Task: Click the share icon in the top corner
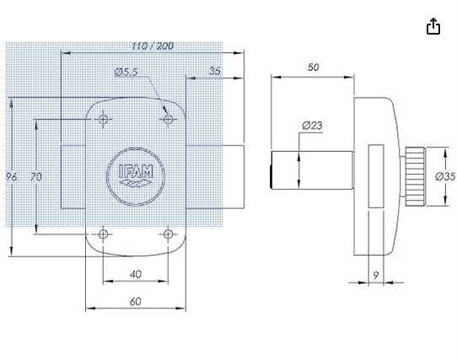click(x=433, y=27)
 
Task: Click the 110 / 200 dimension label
click(x=153, y=46)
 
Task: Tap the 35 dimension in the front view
click(x=215, y=72)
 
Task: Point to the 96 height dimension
click(x=12, y=176)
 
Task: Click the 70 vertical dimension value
click(x=35, y=176)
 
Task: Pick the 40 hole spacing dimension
click(x=136, y=274)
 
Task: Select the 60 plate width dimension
click(x=136, y=300)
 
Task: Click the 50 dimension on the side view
click(x=313, y=67)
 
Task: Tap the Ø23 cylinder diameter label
click(x=312, y=126)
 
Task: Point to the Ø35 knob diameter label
click(x=444, y=176)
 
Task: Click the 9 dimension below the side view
click(x=375, y=274)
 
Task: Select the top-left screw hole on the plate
click(x=103, y=120)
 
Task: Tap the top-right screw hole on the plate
click(x=168, y=120)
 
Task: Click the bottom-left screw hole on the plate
click(x=103, y=234)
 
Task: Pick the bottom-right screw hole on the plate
click(x=168, y=234)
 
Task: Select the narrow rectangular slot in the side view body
click(x=375, y=175)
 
